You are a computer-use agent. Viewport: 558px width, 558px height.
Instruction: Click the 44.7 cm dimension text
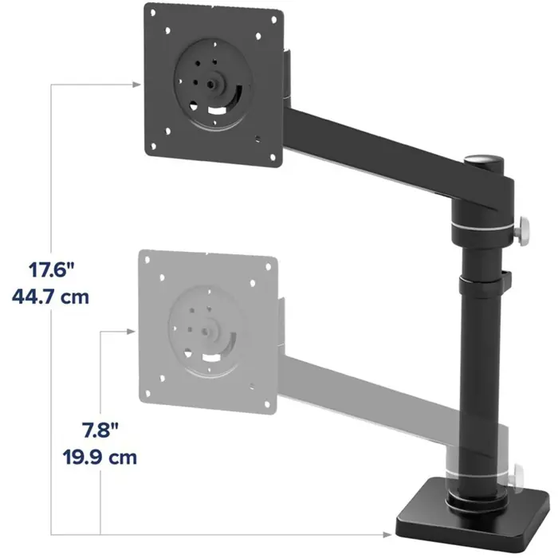pyautogui.click(x=49, y=297)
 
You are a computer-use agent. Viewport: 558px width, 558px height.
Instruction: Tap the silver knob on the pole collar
pyautogui.click(x=525, y=231)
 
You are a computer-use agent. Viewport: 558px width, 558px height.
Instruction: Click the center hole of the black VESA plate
pyautogui.click(x=213, y=81)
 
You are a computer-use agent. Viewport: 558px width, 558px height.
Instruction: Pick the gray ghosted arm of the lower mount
pyautogui.click(x=367, y=391)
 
